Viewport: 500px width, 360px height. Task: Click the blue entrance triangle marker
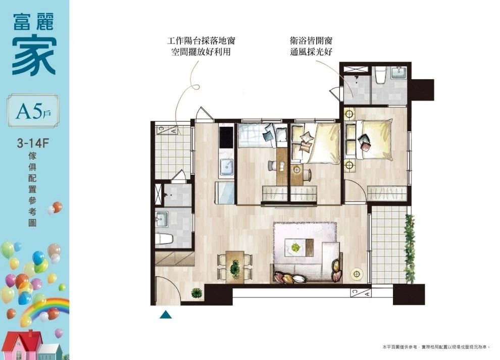coord(166,315)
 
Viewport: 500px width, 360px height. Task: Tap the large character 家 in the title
coord(34,57)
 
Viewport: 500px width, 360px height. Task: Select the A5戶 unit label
coord(33,111)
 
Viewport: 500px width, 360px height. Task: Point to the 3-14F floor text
coord(33,143)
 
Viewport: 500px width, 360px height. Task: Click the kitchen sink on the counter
coord(227,167)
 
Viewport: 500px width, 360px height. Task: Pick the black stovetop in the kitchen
coord(227,137)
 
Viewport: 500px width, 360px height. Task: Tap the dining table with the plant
coord(235,267)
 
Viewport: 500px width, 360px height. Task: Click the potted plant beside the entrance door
coord(197,293)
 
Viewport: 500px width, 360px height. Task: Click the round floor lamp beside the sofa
coord(357,274)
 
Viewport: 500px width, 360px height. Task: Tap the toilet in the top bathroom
coord(380,75)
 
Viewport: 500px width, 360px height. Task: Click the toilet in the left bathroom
coord(164,239)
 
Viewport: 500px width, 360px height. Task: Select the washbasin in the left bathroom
coord(161,219)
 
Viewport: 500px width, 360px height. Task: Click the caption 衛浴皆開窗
coord(311,40)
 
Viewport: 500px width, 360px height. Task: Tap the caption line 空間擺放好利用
coord(201,52)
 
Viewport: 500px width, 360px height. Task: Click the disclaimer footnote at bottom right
coord(436,347)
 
